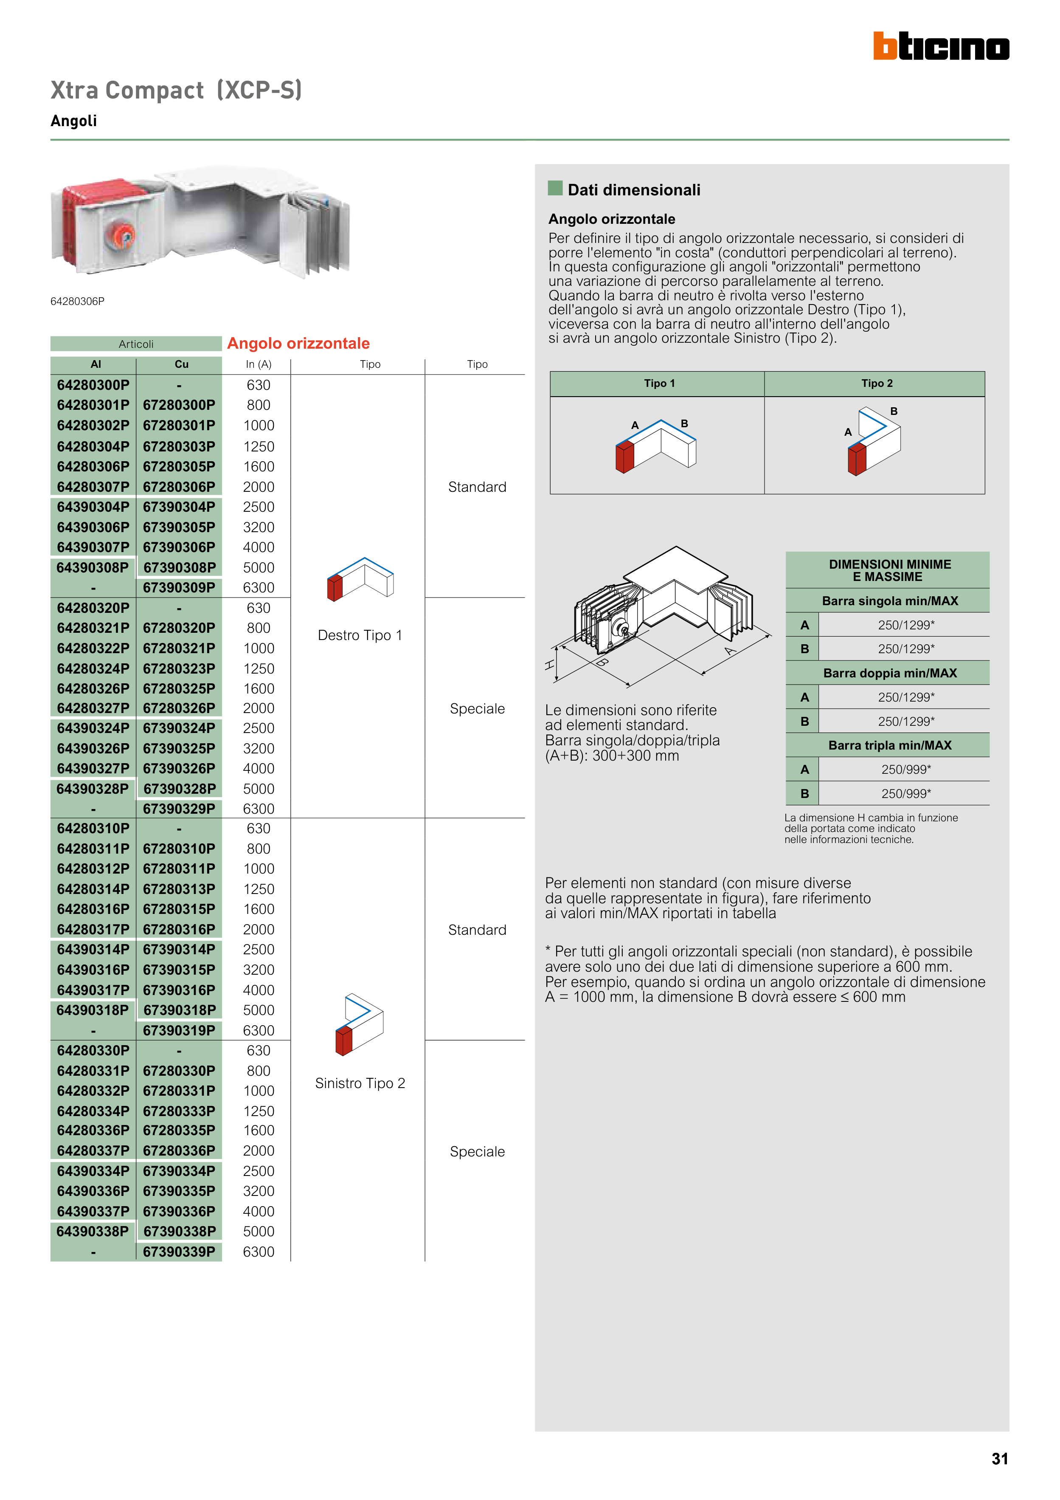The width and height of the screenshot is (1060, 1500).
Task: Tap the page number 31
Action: [x=999, y=1458]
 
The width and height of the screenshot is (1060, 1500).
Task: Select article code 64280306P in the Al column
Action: [x=93, y=466]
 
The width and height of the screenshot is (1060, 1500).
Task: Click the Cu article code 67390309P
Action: [x=179, y=587]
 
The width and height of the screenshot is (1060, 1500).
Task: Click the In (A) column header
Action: [x=259, y=364]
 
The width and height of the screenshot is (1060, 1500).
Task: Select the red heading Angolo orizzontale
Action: [x=298, y=344]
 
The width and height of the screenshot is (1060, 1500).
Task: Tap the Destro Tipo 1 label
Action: [x=360, y=635]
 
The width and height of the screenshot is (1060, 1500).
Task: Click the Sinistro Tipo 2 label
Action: [x=360, y=1083]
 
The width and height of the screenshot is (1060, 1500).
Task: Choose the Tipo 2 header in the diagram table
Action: [x=877, y=383]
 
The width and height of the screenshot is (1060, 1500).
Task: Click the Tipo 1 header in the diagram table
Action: [x=659, y=383]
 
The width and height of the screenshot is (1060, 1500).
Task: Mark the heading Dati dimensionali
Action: [x=633, y=190]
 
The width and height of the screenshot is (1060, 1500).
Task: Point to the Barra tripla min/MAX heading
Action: [x=889, y=745]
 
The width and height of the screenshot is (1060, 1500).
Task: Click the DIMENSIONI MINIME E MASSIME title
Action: [x=889, y=570]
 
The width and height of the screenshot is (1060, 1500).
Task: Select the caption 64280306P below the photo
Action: [x=77, y=301]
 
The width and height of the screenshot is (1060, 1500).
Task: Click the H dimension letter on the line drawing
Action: [x=549, y=665]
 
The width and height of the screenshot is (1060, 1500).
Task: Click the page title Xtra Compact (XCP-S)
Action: [x=176, y=90]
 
